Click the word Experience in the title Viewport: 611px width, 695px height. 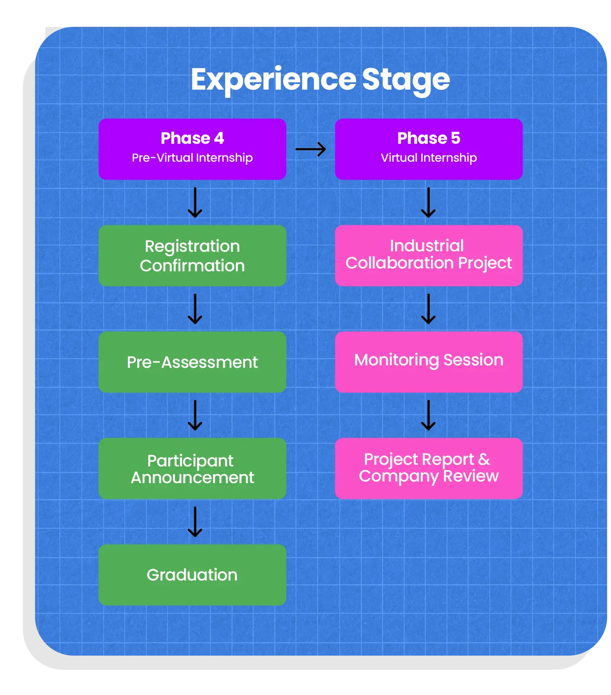click(273, 79)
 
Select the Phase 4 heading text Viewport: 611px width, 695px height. click(192, 138)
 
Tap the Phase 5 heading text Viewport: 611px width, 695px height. click(429, 138)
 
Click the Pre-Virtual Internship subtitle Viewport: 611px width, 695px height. click(192, 158)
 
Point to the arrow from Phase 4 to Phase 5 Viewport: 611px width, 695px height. click(310, 149)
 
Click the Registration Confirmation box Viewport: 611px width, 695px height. click(192, 255)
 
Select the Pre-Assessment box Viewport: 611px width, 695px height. click(192, 362)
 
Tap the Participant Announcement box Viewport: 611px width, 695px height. click(192, 468)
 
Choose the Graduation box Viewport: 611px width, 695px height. click(192, 574)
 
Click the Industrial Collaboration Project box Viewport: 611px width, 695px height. click(429, 255)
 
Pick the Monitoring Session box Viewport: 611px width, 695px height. click(429, 362)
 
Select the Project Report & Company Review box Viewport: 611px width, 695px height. click(429, 468)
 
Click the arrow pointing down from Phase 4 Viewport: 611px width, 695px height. click(195, 202)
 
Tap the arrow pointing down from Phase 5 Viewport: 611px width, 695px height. click(428, 202)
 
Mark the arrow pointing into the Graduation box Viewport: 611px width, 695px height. click(195, 521)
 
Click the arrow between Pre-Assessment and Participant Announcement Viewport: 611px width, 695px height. click(195, 415)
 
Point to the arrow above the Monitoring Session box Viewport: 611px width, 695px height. click(428, 309)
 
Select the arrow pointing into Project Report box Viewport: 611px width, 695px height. click(428, 415)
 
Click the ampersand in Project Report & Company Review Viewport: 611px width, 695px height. click(484, 460)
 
